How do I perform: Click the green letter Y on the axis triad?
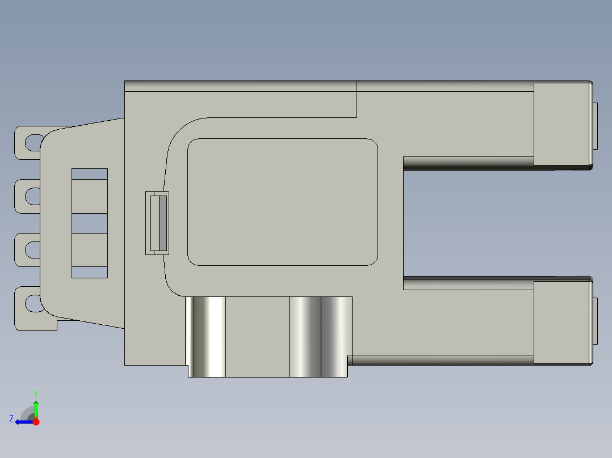(35, 393)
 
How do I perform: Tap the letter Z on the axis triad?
(11, 419)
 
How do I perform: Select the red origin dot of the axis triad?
(36, 422)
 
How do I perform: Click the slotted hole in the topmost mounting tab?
(33, 142)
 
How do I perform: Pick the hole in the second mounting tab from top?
(32, 196)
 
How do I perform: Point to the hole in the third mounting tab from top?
(32, 249)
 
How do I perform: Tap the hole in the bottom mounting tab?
(33, 303)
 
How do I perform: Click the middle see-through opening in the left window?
(90, 223)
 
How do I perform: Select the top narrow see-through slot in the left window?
(90, 174)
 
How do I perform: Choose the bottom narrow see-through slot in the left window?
(90, 272)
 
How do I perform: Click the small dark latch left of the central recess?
(159, 223)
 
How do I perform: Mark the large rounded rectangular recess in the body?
(283, 202)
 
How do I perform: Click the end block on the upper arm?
(561, 124)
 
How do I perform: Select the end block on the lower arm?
(561, 323)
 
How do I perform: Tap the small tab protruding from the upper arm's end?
(596, 126)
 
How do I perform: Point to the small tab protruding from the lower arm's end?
(596, 320)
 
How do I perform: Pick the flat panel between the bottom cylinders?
(257, 337)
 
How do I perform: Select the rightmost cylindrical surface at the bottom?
(336, 337)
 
